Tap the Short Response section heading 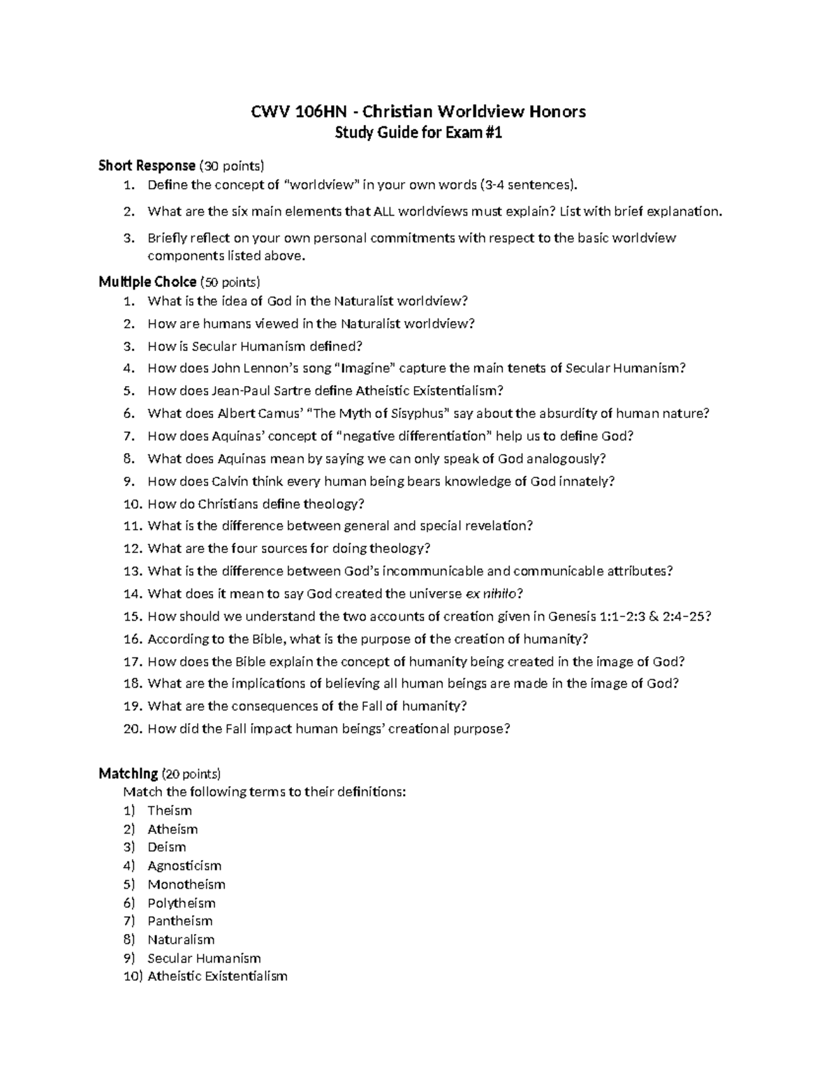click(147, 165)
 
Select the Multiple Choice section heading click(147, 282)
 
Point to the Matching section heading click(128, 773)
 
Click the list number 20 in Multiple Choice click(133, 729)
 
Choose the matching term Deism click(166, 847)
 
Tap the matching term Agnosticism click(184, 866)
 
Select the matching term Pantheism click(179, 921)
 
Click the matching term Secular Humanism click(204, 958)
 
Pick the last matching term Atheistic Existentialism click(217, 977)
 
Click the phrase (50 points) click(230, 282)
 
